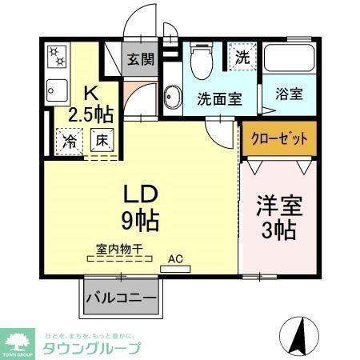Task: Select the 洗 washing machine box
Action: pyautogui.click(x=242, y=56)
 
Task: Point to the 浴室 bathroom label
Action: pyautogui.click(x=289, y=94)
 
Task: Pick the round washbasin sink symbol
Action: pyautogui.click(x=170, y=98)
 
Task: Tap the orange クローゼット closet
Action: pyautogui.click(x=279, y=138)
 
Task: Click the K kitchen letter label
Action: pyautogui.click(x=92, y=94)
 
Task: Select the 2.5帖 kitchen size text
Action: pyautogui.click(x=90, y=114)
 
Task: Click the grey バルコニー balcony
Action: pyautogui.click(x=121, y=299)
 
